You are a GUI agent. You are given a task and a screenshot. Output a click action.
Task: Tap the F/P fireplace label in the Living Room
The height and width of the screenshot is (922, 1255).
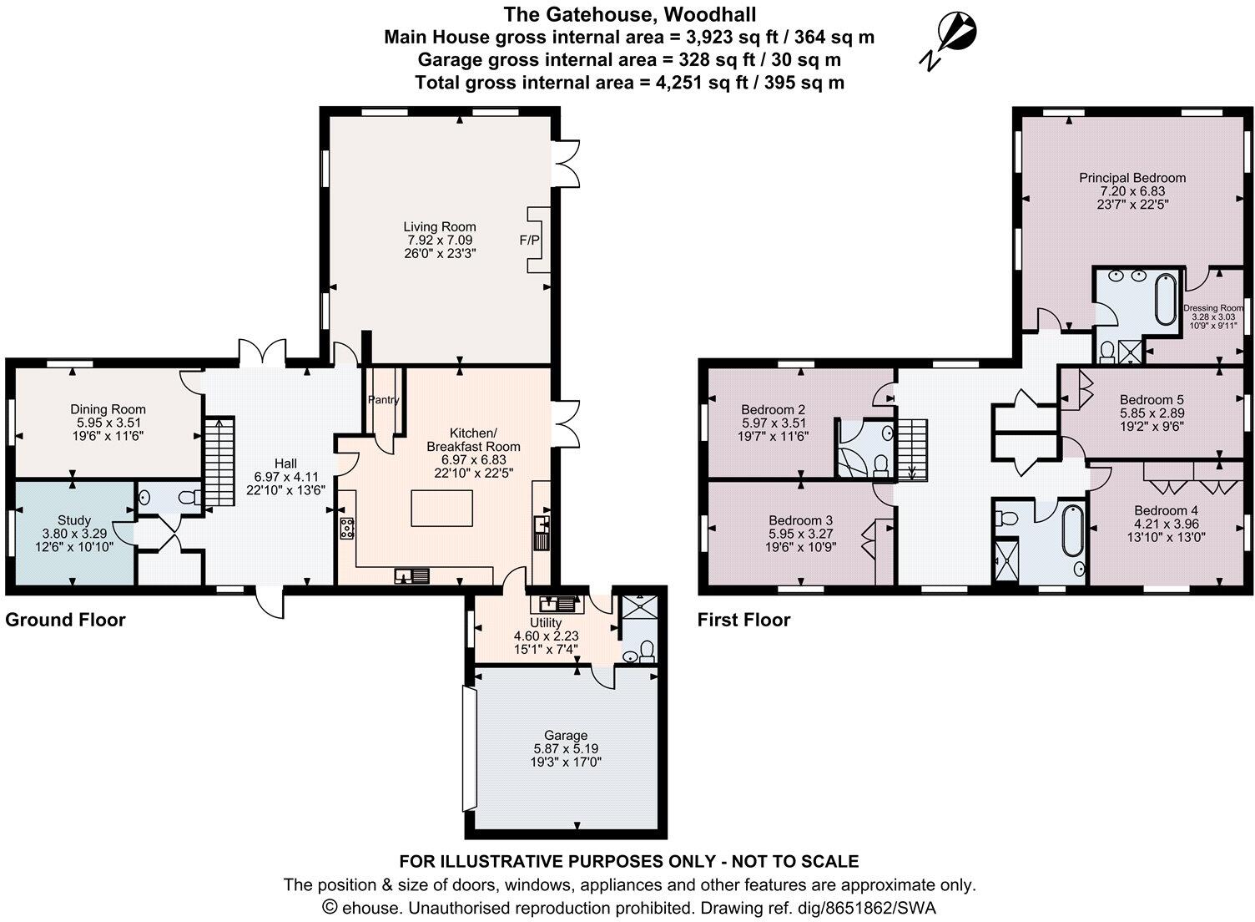point(529,241)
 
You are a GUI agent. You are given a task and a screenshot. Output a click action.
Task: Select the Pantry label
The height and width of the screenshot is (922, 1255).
point(384,400)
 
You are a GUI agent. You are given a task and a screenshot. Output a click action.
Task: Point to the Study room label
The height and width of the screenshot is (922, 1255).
point(73,520)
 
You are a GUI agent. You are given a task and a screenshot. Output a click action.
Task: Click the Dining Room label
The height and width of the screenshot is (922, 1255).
point(108,409)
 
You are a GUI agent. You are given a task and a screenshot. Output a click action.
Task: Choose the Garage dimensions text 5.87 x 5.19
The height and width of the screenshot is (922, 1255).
point(566,749)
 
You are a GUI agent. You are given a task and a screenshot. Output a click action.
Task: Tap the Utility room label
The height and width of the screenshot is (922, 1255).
point(546,623)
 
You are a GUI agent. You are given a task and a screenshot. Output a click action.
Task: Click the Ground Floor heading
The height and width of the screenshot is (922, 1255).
point(65,620)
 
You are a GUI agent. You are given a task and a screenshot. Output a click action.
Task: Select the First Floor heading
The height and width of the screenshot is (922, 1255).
point(743,620)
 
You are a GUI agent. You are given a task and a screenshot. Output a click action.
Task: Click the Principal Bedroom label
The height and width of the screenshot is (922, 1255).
point(1132,178)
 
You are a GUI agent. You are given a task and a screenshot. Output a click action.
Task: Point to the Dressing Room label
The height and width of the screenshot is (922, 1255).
point(1212,308)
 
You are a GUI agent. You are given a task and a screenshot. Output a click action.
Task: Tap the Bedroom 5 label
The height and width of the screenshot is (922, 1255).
point(1151,399)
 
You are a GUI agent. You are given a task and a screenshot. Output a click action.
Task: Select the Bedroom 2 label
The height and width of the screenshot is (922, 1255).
point(774,409)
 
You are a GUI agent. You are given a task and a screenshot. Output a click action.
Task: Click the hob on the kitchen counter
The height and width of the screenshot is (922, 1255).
point(346,528)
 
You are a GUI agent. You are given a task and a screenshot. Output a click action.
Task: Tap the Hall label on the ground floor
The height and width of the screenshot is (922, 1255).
point(285,464)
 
